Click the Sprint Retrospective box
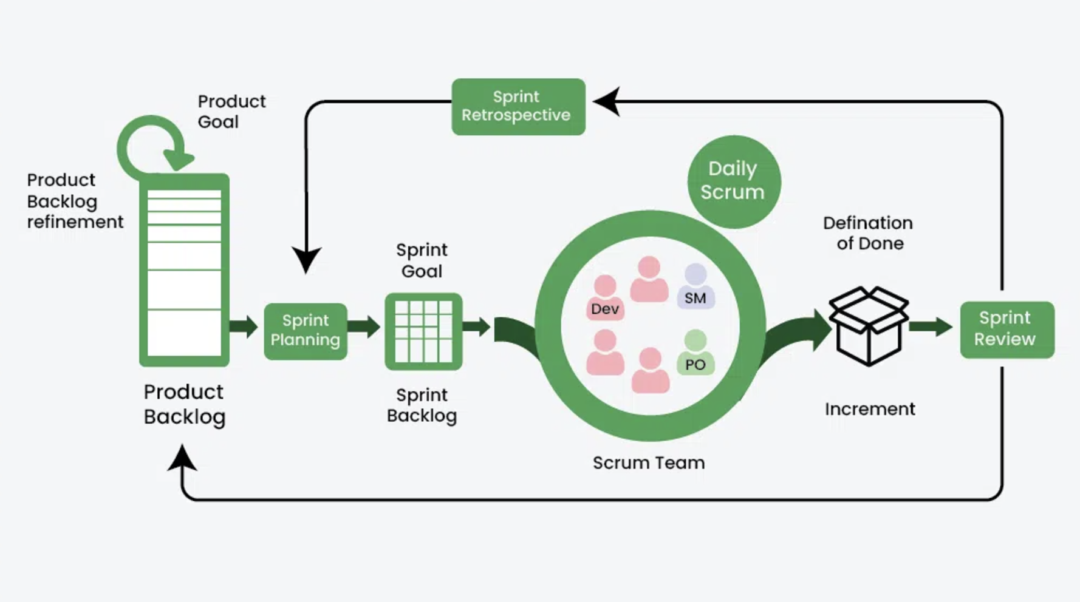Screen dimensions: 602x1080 point(518,106)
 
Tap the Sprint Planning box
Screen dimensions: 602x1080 point(306,331)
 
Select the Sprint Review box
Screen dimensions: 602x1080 point(1007,329)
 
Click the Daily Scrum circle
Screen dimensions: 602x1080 point(733,181)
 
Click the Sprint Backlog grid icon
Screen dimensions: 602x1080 point(423,331)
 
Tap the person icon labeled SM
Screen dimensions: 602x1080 point(696,287)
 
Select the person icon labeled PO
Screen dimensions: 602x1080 point(696,353)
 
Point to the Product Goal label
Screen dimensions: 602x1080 point(231,111)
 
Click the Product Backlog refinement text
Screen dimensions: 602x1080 point(74,201)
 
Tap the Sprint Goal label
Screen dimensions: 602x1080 point(422,260)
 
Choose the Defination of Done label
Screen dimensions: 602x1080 point(868,233)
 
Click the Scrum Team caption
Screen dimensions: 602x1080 point(649,462)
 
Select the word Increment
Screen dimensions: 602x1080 point(869,409)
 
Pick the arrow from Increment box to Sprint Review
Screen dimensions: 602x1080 point(931,326)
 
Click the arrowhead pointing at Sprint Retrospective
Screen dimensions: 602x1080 point(607,101)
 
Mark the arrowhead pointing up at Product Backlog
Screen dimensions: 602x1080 point(182,458)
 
